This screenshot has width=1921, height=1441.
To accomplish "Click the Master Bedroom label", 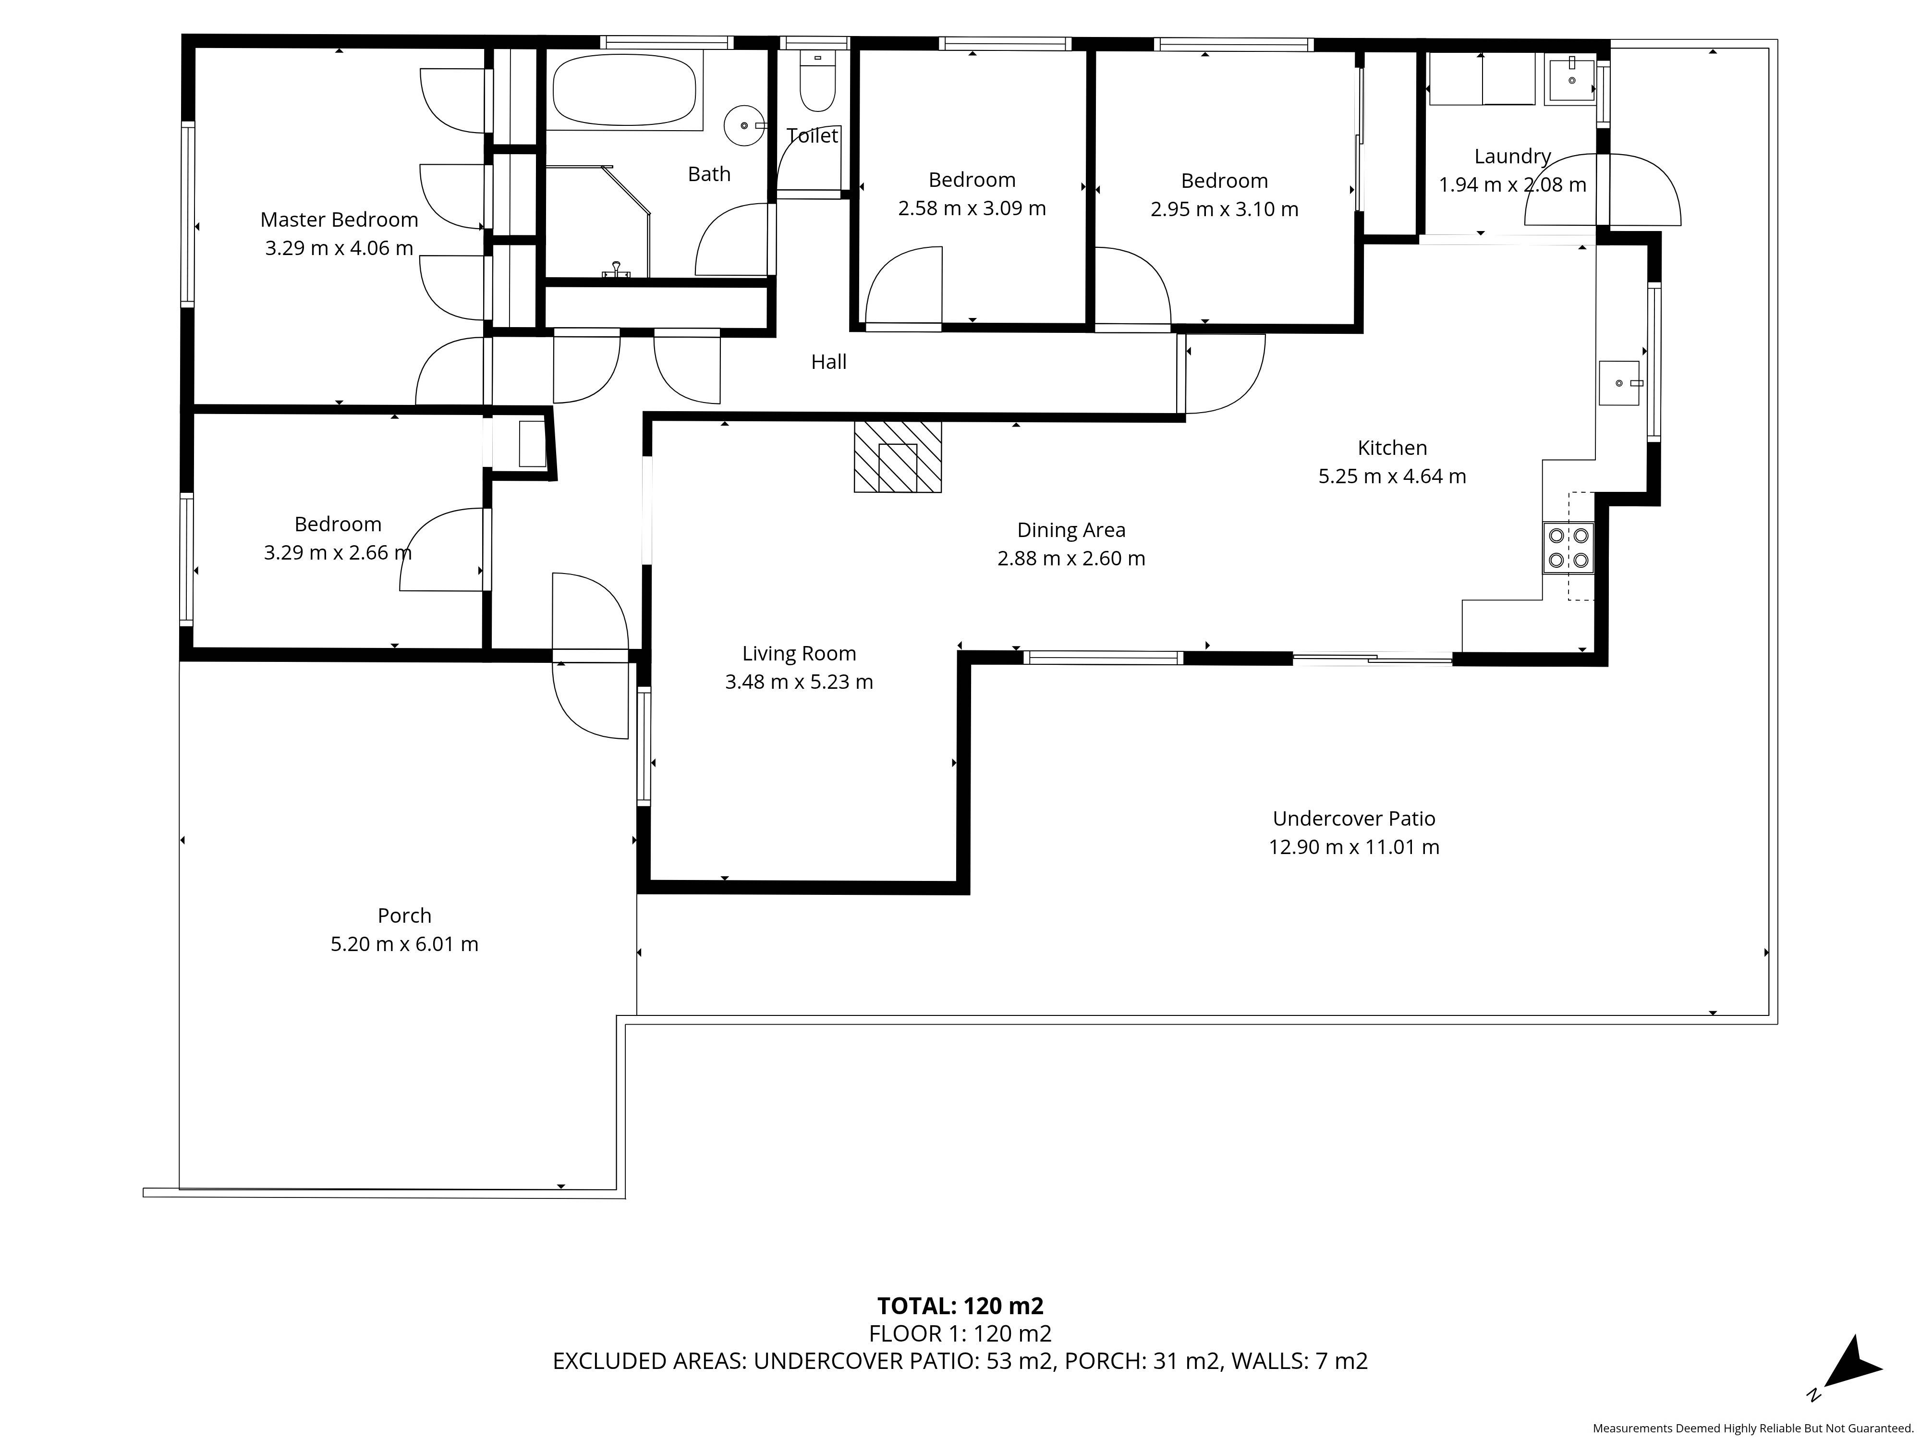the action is point(339,220).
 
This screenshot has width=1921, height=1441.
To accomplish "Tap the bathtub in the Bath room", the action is point(624,90).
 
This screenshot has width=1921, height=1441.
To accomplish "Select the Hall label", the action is point(828,362).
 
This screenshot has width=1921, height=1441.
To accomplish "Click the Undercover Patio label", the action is point(1354,818).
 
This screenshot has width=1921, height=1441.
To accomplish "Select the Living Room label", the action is point(799,653).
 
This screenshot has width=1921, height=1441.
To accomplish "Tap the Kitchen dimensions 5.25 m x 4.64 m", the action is point(1392,476).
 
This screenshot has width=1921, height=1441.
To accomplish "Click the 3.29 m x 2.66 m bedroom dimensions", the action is point(338,552).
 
